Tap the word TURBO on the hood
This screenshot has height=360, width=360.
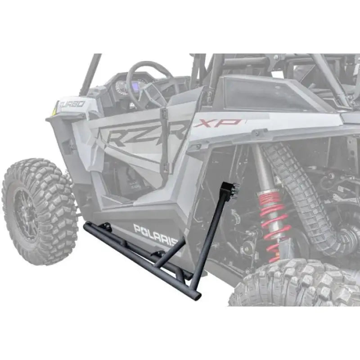72,104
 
